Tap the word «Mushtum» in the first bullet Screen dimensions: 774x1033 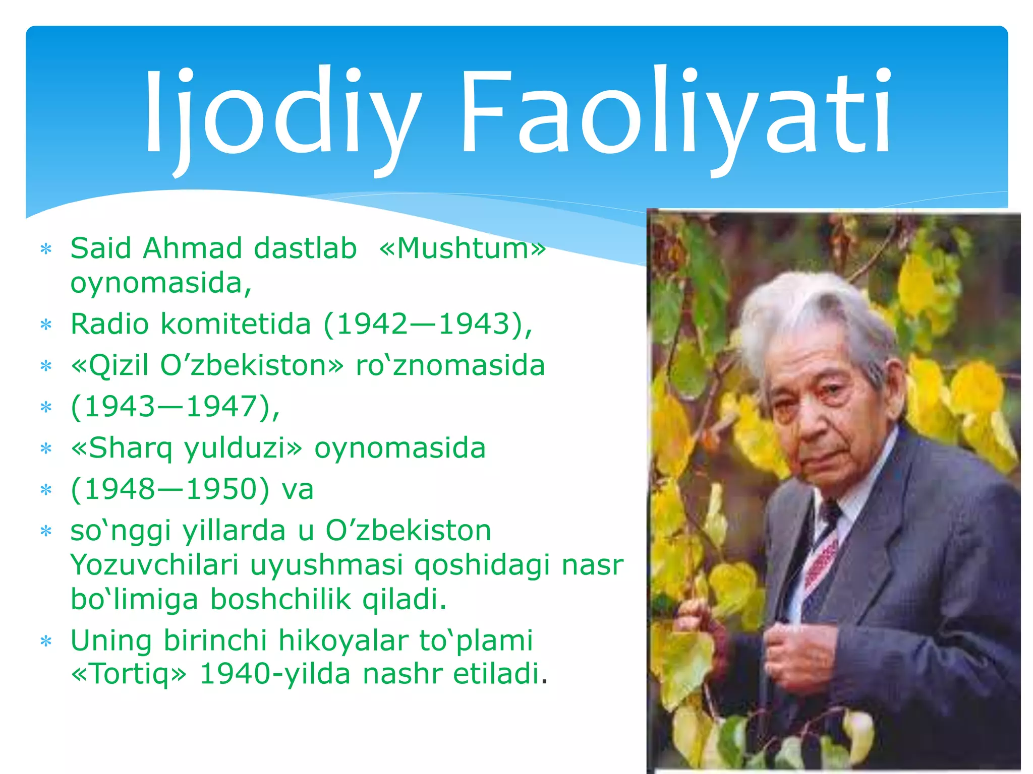(x=463, y=248)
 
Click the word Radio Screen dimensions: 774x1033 (x=109, y=324)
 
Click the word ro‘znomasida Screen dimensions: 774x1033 (x=450, y=366)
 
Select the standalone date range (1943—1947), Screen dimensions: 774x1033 (x=175, y=407)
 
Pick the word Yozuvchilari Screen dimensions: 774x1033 (x=154, y=565)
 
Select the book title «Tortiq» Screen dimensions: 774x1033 (x=129, y=674)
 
